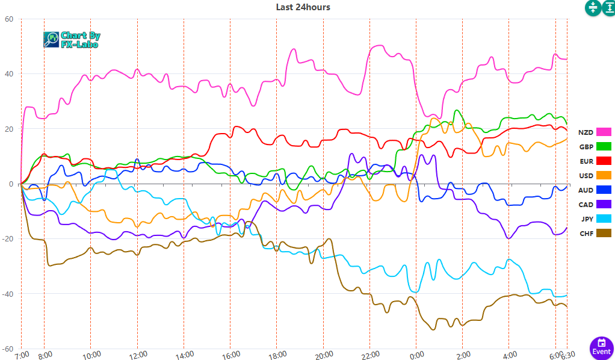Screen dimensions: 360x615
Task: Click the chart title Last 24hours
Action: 303,7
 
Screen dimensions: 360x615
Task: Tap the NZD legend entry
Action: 595,132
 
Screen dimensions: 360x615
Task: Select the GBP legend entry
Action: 595,146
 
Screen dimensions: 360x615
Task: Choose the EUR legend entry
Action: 595,161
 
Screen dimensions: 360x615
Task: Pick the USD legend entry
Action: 595,175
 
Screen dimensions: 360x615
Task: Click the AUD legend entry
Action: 595,190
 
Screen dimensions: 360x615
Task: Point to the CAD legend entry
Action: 595,204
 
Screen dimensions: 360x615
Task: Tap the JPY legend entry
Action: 595,219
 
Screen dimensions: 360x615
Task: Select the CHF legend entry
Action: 595,233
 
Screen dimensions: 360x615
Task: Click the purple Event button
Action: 601,347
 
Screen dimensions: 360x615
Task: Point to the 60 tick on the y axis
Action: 9,19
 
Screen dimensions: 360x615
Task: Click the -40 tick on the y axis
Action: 7,294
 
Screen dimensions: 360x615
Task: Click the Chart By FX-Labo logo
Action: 72,40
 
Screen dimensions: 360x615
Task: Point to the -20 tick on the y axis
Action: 7,239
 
